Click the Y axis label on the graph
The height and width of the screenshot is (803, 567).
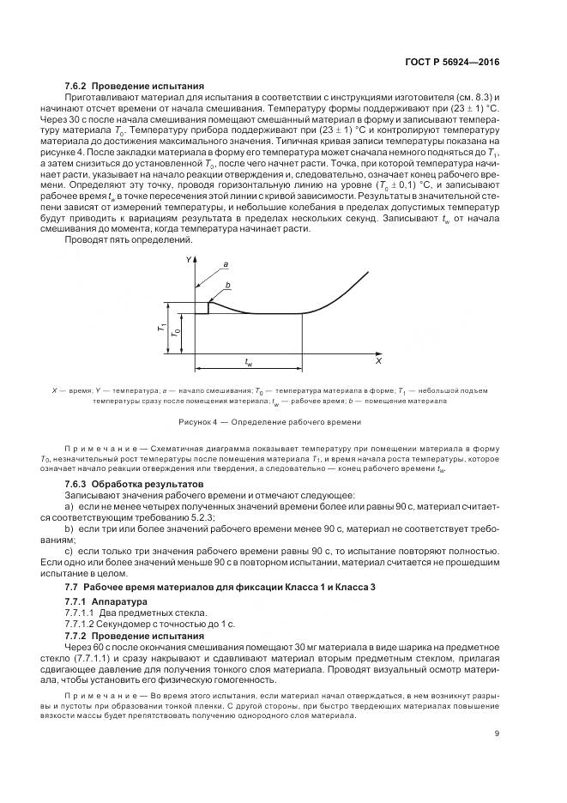tap(187, 258)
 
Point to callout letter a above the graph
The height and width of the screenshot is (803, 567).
tap(225, 264)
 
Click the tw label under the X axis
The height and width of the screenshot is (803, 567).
tap(248, 363)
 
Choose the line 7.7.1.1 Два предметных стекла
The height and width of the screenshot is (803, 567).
tap(136, 613)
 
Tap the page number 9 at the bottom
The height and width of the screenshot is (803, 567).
tap(497, 732)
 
